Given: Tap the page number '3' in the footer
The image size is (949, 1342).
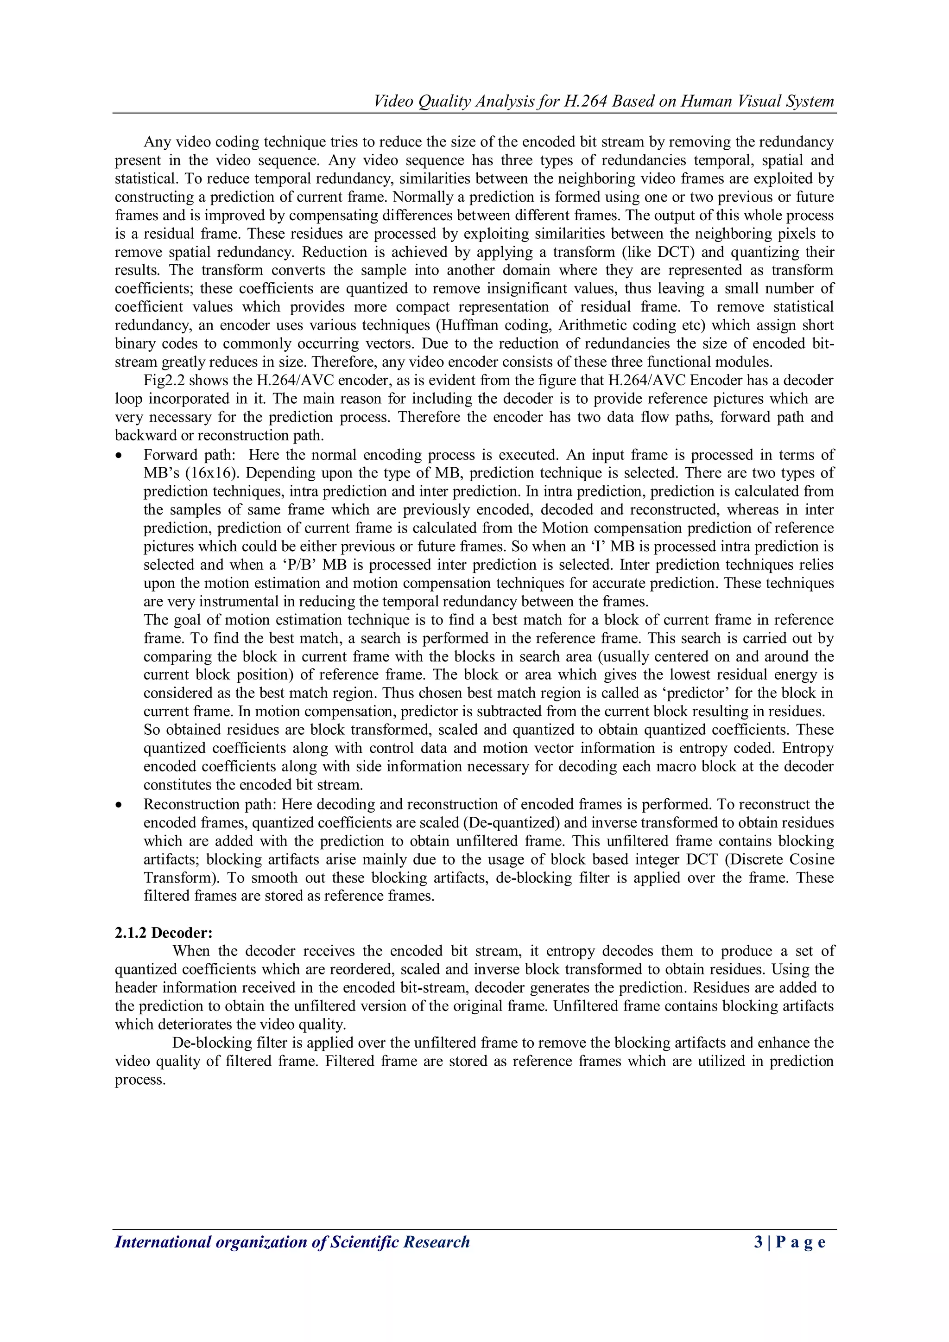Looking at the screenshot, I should pos(758,1241).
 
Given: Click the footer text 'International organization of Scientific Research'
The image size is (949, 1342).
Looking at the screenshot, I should pos(292,1241).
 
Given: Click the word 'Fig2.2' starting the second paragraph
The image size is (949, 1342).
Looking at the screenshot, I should pos(164,381).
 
